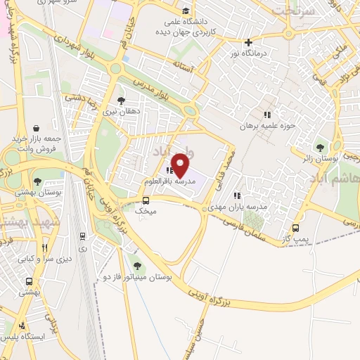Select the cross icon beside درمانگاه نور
point(248,42)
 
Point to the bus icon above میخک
point(146,200)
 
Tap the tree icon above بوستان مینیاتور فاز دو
point(136,265)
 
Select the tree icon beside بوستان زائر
point(321,148)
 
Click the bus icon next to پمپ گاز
point(295,228)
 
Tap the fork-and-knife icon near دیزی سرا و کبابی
point(45,247)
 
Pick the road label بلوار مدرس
point(151,86)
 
